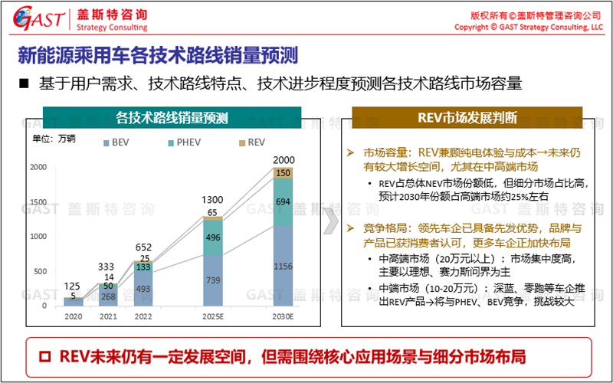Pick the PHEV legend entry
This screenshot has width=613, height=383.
tap(184, 142)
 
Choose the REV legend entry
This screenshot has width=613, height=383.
tap(251, 142)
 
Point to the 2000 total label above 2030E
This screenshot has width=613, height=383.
tap(283, 159)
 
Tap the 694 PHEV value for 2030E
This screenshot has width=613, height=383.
tap(283, 201)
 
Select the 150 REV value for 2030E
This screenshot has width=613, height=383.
tap(283, 173)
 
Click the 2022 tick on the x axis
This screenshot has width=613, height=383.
tap(142, 316)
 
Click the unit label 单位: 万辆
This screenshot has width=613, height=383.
tap(54, 139)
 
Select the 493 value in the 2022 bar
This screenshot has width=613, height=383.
tap(142, 289)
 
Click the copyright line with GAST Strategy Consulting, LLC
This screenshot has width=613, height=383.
tap(529, 27)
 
